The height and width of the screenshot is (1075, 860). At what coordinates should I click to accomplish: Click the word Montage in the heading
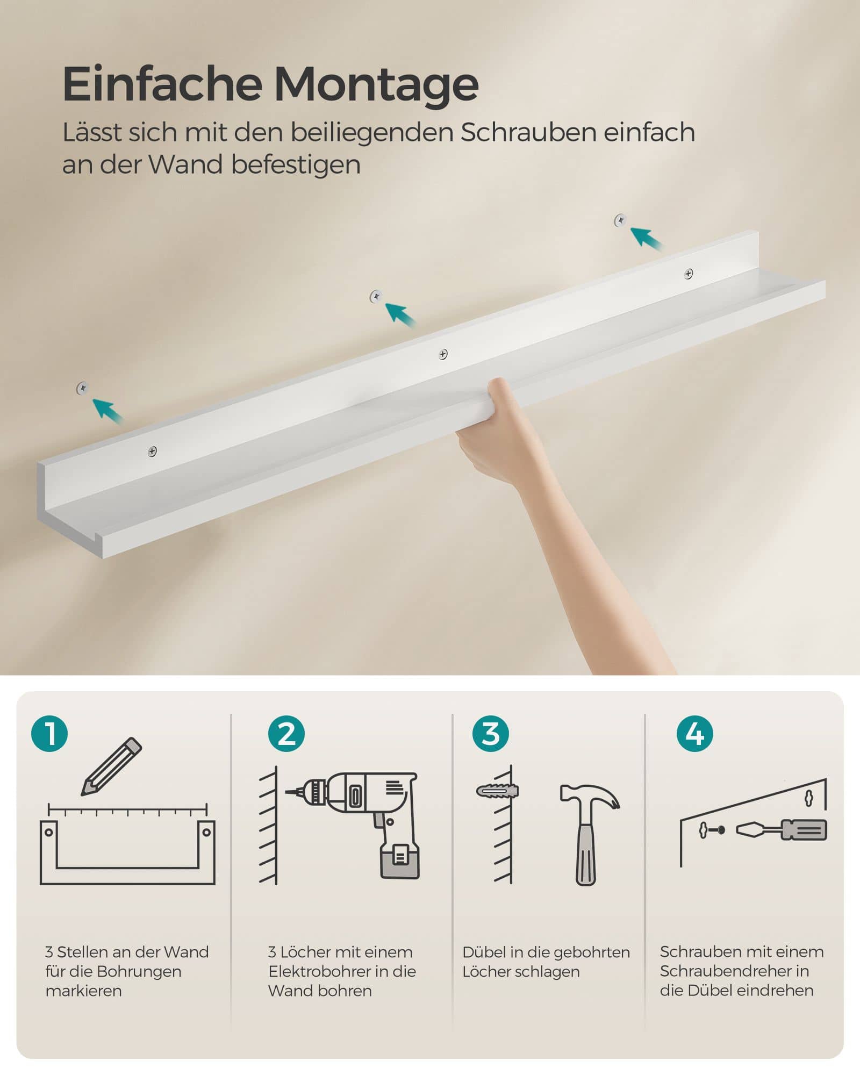[x=376, y=85]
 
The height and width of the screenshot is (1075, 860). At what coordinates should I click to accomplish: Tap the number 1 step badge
[x=49, y=733]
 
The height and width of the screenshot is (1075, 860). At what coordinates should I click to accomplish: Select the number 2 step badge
[x=286, y=734]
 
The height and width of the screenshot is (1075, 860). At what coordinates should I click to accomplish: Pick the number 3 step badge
[x=490, y=734]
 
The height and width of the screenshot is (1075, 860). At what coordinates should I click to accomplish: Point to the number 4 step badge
[x=694, y=734]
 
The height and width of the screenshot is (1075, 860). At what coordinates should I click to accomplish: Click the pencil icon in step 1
[x=111, y=766]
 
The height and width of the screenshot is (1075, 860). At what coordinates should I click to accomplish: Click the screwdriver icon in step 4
[x=782, y=830]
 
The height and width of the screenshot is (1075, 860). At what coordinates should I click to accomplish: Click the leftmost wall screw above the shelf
[x=82, y=388]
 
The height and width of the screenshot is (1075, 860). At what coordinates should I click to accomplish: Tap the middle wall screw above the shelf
[x=376, y=296]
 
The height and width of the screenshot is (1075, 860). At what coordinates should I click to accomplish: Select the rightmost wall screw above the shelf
[x=620, y=220]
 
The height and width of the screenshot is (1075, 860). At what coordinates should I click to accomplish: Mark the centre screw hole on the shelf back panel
[x=443, y=354]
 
